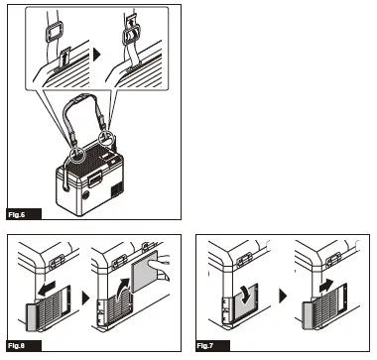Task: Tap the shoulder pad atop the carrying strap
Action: [x=90, y=103]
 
